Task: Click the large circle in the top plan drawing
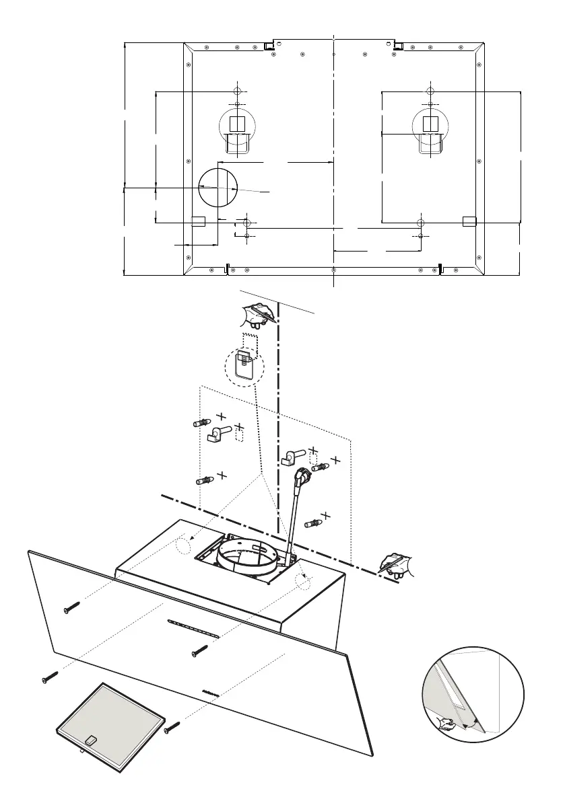219,186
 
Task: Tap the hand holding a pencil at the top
260,314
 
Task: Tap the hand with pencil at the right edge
397,564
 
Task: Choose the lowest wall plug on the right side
314,522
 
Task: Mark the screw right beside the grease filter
172,726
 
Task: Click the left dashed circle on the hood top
184,545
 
